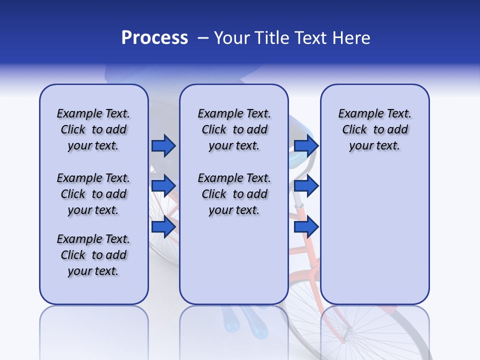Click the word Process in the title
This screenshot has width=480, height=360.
[x=154, y=38]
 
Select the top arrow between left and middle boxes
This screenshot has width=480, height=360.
[x=163, y=145]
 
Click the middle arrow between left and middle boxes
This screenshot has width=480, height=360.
[x=163, y=186]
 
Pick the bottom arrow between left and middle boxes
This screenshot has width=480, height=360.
[x=163, y=226]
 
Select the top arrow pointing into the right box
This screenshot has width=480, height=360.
[x=306, y=145]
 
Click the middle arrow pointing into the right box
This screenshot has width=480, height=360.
[x=306, y=186]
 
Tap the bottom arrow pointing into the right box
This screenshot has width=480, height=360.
[x=306, y=226]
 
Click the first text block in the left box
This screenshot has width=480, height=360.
[x=93, y=129]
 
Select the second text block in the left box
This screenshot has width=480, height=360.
[x=93, y=194]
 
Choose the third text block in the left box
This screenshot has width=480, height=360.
[x=93, y=255]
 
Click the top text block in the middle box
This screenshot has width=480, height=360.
[x=234, y=129]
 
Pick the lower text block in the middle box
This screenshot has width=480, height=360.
[x=234, y=194]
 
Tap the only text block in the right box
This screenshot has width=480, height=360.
[x=374, y=129]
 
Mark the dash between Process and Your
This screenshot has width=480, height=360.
[x=203, y=38]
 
